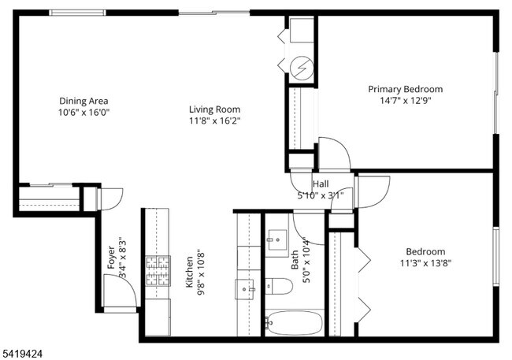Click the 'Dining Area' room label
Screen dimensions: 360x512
(83, 101)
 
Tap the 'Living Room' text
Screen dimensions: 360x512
(214, 109)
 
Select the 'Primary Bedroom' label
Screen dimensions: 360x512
(405, 89)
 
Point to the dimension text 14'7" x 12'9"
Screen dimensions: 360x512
(405, 100)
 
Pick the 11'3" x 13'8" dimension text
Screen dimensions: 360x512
(425, 263)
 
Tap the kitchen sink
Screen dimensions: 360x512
(245, 289)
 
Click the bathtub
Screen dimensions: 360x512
(294, 323)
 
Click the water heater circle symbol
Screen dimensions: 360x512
(300, 69)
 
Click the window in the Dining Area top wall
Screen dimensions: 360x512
(76, 13)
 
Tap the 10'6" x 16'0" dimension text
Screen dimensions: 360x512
(83, 113)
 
